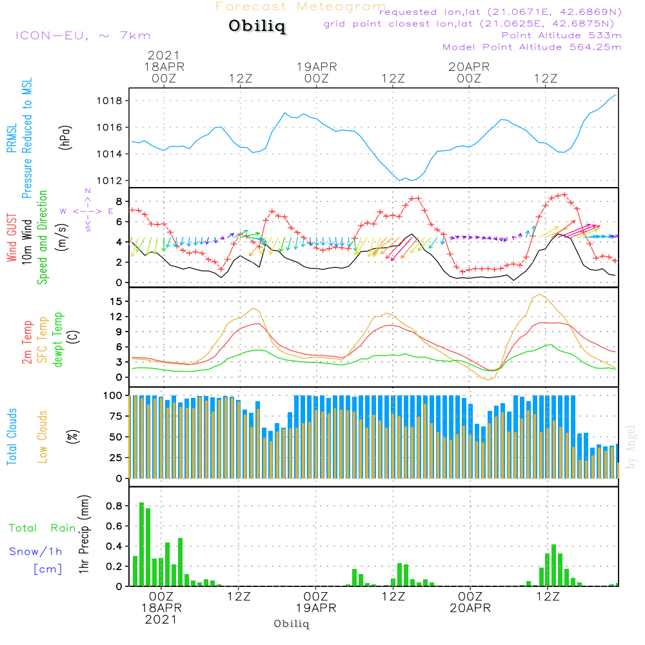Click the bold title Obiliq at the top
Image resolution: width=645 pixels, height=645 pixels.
tap(257, 26)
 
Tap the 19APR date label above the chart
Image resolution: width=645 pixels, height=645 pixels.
tap(317, 66)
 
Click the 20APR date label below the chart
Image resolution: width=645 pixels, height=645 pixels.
tap(470, 608)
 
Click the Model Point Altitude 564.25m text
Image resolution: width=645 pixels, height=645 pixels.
tap(532, 46)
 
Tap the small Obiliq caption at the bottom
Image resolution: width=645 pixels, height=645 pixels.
tap(292, 624)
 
